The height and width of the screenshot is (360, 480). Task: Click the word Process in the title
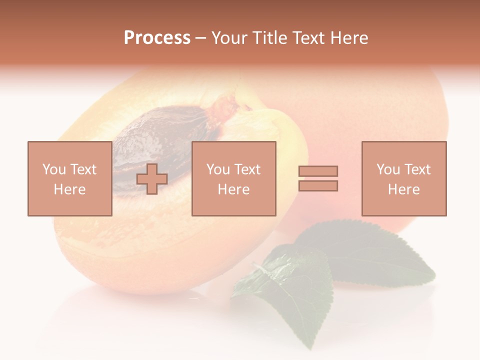[157, 38]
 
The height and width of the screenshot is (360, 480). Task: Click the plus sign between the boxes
[152, 179]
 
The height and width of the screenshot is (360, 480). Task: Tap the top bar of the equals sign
[318, 171]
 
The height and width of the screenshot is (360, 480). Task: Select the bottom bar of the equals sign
[318, 186]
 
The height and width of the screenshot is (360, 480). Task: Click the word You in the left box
[53, 169]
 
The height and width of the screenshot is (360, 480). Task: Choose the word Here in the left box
[69, 189]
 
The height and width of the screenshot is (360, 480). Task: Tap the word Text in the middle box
[247, 169]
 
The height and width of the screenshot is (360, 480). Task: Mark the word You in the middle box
[218, 169]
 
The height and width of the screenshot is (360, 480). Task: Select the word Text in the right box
[417, 169]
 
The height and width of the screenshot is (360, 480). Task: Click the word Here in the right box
[403, 189]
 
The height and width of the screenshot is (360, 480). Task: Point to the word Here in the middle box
[233, 189]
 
